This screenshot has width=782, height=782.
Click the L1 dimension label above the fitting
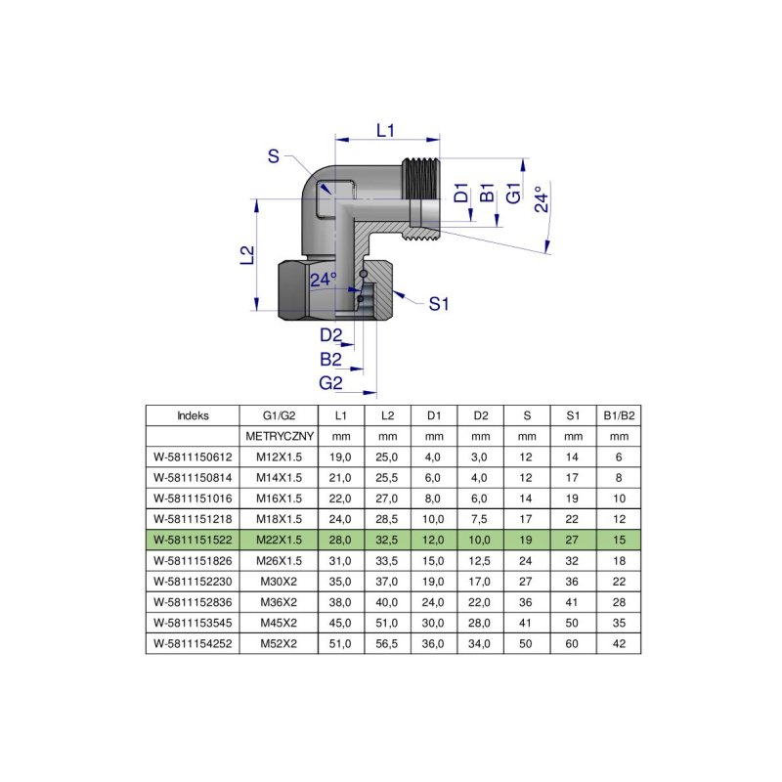click(x=386, y=130)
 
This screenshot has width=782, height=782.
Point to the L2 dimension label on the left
click(x=248, y=255)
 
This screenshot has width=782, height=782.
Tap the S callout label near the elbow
click(x=274, y=155)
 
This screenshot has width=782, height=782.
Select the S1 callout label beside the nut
click(x=439, y=304)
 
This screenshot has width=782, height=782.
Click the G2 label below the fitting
click(x=330, y=382)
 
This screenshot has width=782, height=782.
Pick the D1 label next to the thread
click(x=461, y=193)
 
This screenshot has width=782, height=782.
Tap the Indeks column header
click(x=194, y=414)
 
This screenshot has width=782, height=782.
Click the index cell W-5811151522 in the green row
click(x=194, y=540)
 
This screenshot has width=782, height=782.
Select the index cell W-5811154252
click(x=194, y=643)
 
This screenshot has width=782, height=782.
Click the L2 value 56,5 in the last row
click(x=388, y=643)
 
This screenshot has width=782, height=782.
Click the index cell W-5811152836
click(x=194, y=602)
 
